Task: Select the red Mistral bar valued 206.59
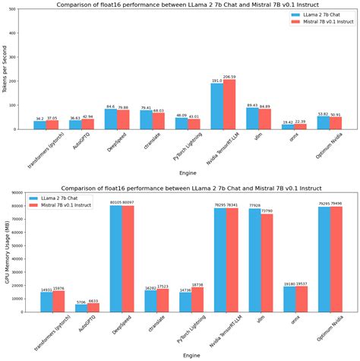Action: [x=229, y=103]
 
